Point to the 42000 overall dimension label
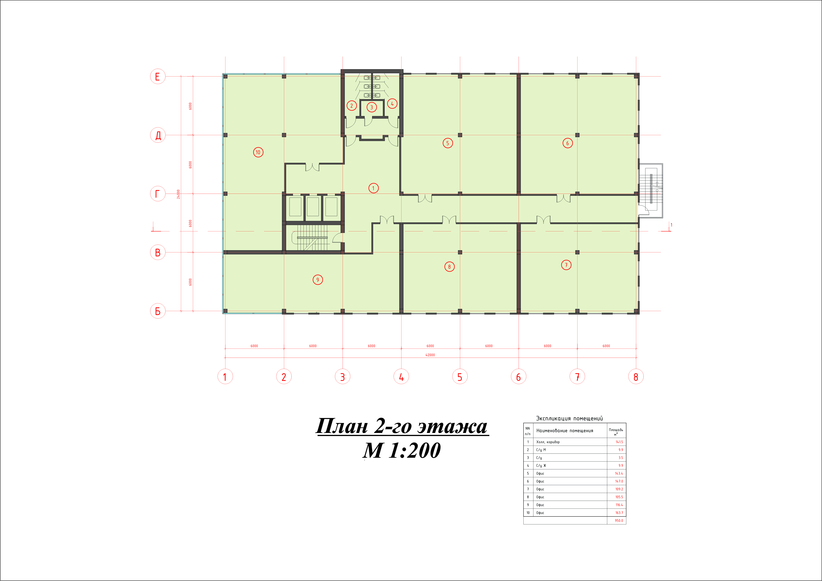pyautogui.click(x=430, y=355)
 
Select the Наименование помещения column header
pyautogui.click(x=565, y=431)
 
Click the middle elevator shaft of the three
pyautogui.click(x=312, y=207)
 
